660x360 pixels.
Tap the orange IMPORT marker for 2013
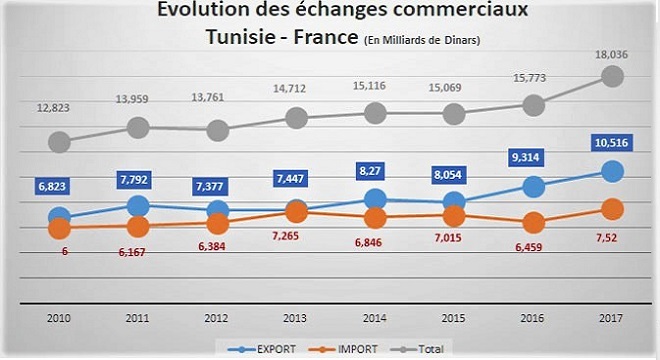point(296,212)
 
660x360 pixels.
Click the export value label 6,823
point(60,187)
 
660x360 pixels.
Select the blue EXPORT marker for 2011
point(139,206)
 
